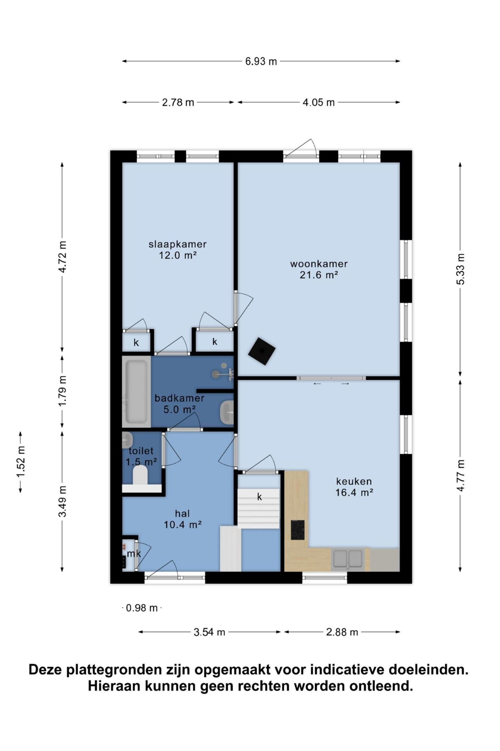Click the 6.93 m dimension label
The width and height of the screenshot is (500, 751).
pos(261,62)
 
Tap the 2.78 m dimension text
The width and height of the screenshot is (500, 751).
pos(178,103)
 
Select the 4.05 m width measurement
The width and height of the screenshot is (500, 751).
pos(318,103)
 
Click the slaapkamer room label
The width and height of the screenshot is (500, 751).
pos(178,244)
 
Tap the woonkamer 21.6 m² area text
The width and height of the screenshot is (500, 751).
pos(319,275)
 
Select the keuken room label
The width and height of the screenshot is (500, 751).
pos(354,481)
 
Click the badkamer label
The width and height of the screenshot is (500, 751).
pos(179,398)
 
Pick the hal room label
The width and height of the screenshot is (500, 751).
pos(183,513)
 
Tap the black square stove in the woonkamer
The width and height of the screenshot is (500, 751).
pos(262,351)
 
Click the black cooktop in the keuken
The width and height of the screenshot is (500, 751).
pos(298,530)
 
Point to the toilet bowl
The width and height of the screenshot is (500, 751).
pos(140,475)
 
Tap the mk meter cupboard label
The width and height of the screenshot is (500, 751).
pos(134,553)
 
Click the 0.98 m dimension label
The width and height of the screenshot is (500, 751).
pos(142,608)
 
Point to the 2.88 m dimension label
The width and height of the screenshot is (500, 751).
pos(342,632)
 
